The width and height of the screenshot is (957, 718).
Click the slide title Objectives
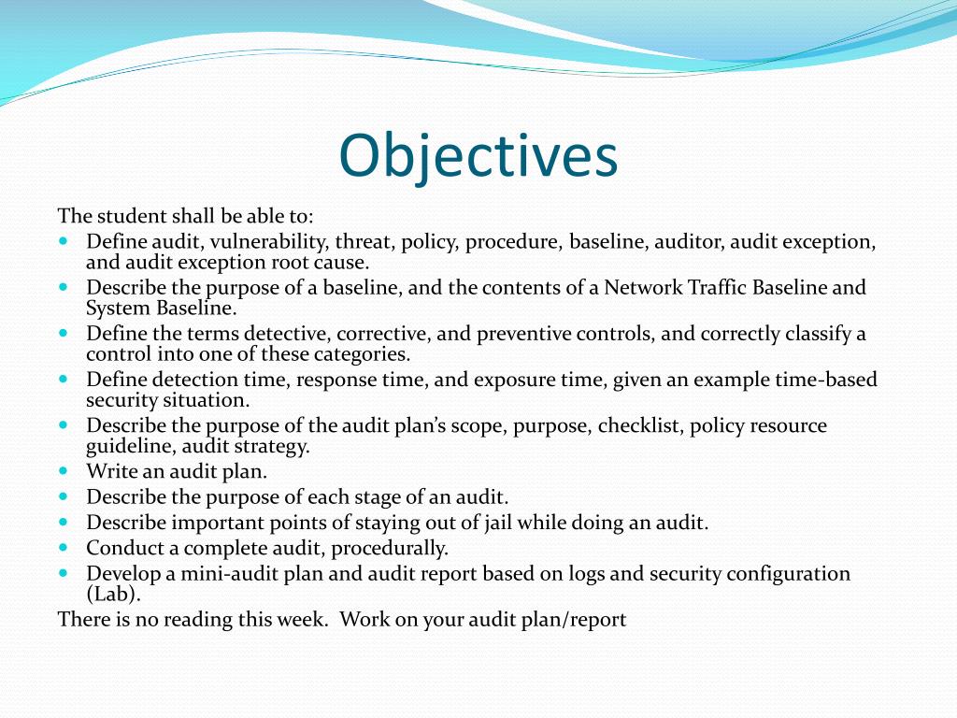478,156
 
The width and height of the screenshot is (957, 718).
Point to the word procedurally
390,548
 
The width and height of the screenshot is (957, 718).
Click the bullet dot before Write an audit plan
64,471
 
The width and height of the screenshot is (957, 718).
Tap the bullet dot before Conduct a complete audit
64,548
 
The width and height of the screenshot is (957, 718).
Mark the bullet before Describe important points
64,523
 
